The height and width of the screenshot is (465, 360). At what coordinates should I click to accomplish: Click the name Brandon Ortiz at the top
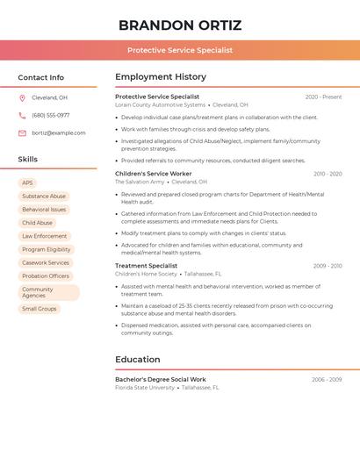(x=180, y=25)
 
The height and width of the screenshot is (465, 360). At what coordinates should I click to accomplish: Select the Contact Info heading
(x=40, y=77)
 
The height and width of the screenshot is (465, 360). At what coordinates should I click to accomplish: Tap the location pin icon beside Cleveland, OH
(x=22, y=97)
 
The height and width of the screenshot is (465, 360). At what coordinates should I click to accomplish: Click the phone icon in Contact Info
(x=22, y=115)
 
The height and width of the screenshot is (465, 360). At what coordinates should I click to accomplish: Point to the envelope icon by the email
(x=22, y=133)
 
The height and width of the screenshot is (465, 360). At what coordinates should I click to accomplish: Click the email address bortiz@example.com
(x=58, y=133)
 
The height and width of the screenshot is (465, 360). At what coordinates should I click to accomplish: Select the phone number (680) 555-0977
(x=50, y=115)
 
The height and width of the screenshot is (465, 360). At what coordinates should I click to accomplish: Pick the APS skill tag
(x=27, y=183)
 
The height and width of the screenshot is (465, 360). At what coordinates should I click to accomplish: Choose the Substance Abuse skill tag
(x=44, y=197)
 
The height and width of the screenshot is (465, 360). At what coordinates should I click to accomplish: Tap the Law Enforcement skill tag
(x=44, y=236)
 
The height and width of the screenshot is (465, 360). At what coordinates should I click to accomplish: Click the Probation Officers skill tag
(x=46, y=276)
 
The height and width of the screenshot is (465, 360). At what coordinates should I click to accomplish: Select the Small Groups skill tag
(x=40, y=309)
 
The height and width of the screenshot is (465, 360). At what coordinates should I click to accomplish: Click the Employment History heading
(x=161, y=77)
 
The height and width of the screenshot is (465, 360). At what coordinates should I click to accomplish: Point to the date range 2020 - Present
(x=323, y=97)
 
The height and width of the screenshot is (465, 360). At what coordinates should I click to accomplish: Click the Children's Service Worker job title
(x=154, y=174)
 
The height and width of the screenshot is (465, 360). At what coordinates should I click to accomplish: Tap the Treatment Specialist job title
(x=146, y=265)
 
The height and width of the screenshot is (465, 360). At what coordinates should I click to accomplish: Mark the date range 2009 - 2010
(x=327, y=265)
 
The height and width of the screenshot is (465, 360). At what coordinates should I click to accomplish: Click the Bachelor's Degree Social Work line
(x=161, y=379)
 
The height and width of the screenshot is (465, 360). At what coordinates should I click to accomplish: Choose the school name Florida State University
(x=145, y=387)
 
